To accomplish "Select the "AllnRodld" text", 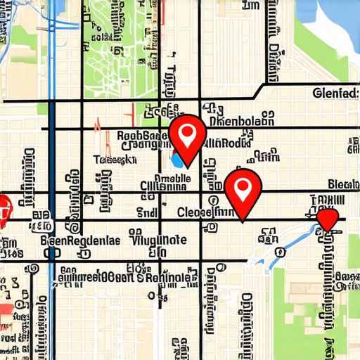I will (227, 143).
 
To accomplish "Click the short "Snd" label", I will (146, 210).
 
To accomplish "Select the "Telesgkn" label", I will (115, 160).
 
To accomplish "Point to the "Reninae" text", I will (169, 278).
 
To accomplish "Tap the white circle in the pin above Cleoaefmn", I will (243, 188).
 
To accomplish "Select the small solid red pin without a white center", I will (328, 219).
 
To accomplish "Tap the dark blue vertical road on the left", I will (51, 211).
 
